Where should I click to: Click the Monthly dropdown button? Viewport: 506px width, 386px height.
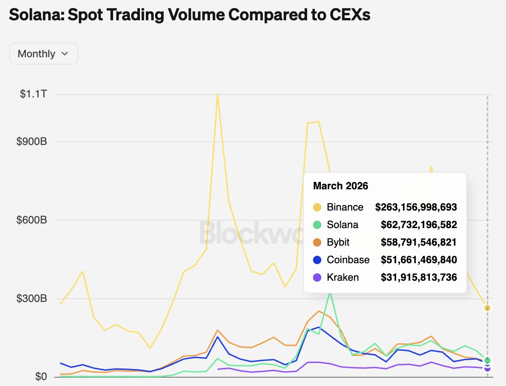pyautogui.click(x=43, y=54)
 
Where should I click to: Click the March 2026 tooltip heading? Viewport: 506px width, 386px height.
pyautogui.click(x=341, y=186)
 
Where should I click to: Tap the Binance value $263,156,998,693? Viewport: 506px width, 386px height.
pyautogui.click(x=416, y=207)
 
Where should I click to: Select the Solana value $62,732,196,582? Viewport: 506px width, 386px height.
pyautogui.click(x=419, y=225)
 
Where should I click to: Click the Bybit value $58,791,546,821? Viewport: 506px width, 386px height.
pyautogui.click(x=419, y=242)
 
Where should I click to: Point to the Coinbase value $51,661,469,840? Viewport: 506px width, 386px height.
pyautogui.click(x=419, y=260)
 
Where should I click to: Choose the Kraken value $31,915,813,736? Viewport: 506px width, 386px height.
pyautogui.click(x=419, y=277)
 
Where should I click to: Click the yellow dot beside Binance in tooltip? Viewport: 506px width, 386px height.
pyautogui.click(x=317, y=207)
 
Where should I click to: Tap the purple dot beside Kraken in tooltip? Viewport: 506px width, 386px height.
pyautogui.click(x=317, y=277)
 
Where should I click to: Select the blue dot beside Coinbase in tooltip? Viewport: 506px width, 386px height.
pyautogui.click(x=317, y=260)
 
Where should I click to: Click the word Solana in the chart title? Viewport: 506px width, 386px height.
pyautogui.click(x=36, y=15)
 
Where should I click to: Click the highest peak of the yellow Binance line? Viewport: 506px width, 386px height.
pyautogui.click(x=217, y=95)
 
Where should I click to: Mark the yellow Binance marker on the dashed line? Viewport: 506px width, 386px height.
pyautogui.click(x=488, y=308)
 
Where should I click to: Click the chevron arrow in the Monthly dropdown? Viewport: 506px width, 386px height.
pyautogui.click(x=65, y=54)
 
